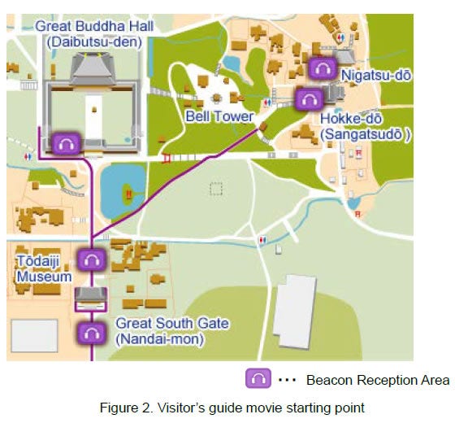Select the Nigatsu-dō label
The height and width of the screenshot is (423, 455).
(376, 76)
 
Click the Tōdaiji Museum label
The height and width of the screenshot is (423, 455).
(44, 268)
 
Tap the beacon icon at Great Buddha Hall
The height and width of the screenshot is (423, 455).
(66, 143)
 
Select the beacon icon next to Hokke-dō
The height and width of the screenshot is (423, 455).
(310, 99)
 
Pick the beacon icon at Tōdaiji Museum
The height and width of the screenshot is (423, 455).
(92, 260)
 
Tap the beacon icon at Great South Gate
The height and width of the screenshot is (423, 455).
(91, 332)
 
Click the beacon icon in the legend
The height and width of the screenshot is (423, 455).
(258, 379)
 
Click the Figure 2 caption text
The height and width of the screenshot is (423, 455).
(227, 406)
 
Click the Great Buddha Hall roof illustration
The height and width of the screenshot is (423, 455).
(94, 70)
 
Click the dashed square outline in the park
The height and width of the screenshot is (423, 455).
(215, 189)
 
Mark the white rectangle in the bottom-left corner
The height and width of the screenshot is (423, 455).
(33, 335)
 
